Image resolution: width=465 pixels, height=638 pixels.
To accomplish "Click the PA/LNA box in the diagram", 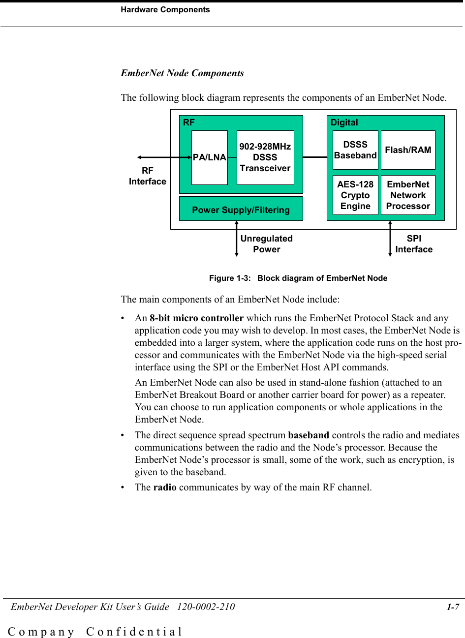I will (210, 157).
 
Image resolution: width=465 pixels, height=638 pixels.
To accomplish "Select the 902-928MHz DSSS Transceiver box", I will (265, 157).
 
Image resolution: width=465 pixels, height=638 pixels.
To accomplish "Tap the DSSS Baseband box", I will (355, 150).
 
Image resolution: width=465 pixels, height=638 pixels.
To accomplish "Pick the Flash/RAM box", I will (408, 150).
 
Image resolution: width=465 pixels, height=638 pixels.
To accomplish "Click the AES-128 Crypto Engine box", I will (355, 195).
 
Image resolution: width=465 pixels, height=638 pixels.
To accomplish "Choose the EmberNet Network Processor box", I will (408, 195).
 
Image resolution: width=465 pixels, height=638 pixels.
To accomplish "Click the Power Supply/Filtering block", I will (241, 210).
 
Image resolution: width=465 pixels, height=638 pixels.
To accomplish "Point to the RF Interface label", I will (148, 176).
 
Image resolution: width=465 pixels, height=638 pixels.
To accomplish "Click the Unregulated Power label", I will (266, 244).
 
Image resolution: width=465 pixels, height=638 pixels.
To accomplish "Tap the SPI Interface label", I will (414, 244).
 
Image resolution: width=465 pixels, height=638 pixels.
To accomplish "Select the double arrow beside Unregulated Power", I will (237, 239).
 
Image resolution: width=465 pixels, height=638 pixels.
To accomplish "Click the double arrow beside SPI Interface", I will (390, 239).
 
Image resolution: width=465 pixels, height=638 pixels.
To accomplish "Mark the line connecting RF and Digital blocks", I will (315, 157).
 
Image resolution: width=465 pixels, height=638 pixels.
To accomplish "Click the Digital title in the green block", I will (344, 122).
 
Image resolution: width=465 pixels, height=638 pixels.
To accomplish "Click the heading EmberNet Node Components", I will (182, 73).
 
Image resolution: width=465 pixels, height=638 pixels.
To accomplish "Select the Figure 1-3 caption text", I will (298, 278).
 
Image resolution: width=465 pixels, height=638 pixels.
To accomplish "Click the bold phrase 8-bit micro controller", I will (196, 318).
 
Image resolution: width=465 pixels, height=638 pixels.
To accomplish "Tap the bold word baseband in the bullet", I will (309, 435).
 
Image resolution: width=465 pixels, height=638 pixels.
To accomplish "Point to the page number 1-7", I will (453, 607).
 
